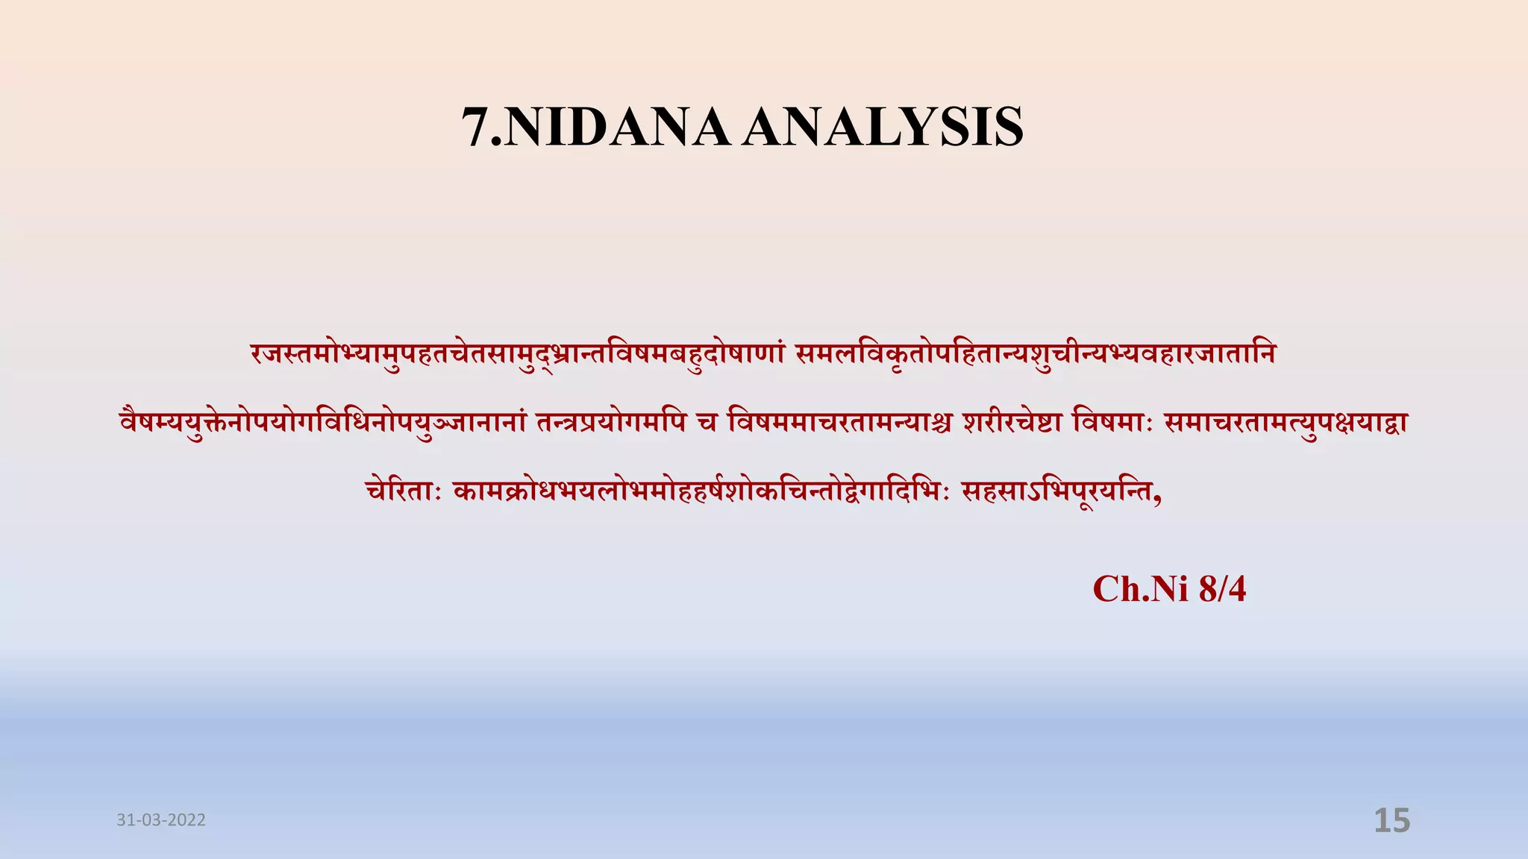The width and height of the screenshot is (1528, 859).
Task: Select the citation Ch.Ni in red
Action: (x=1140, y=589)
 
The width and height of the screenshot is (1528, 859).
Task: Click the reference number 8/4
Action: (x=1222, y=589)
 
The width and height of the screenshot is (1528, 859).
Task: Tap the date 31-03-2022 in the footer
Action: (x=161, y=820)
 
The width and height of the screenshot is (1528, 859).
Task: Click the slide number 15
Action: (x=1391, y=820)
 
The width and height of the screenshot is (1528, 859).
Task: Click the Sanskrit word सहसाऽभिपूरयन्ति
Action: (x=1056, y=491)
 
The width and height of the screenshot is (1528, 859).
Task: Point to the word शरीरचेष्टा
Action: (x=1012, y=423)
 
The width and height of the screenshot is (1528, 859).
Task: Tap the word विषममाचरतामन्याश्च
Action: (x=840, y=423)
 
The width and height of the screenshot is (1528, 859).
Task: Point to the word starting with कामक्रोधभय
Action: (x=701, y=491)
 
